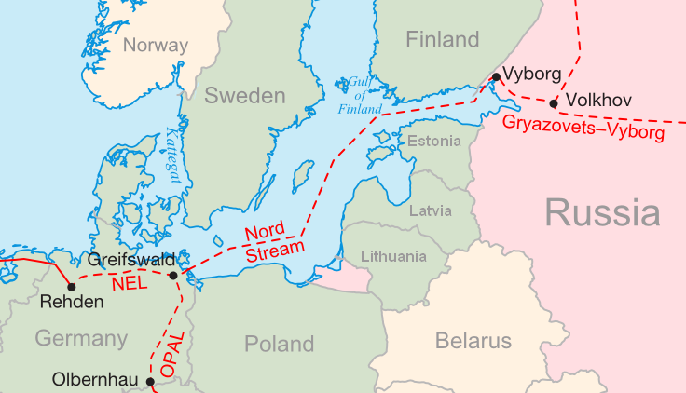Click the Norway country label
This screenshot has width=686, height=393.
pyautogui.click(x=156, y=45)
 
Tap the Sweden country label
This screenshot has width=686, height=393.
pyautogui.click(x=244, y=96)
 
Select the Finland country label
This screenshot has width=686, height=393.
pyautogui.click(x=443, y=39)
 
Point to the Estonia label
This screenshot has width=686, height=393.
pyautogui.click(x=434, y=142)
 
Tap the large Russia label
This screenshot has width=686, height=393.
pyautogui.click(x=602, y=212)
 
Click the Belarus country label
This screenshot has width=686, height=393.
pyautogui.click(x=473, y=341)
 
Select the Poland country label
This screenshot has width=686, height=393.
pyautogui.click(x=279, y=345)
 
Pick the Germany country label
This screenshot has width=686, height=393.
pyautogui.click(x=81, y=338)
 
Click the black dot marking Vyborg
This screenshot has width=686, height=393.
pyautogui.click(x=497, y=76)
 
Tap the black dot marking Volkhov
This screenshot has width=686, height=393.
pyautogui.click(x=554, y=103)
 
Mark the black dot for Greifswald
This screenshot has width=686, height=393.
pyautogui.click(x=173, y=275)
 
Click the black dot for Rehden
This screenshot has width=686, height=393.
pyautogui.click(x=72, y=286)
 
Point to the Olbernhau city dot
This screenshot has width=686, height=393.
pyautogui.click(x=150, y=381)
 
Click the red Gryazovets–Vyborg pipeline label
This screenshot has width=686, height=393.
pyautogui.click(x=583, y=129)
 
